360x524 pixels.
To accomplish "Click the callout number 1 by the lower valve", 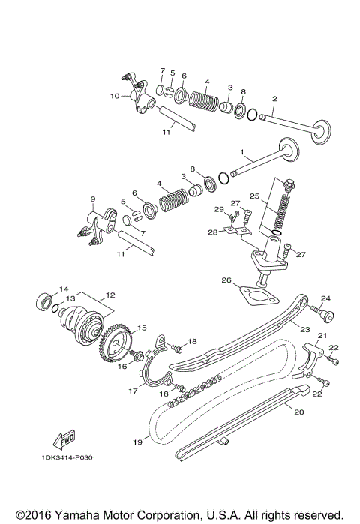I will [x=242, y=152].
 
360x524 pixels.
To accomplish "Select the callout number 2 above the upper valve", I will [x=275, y=98].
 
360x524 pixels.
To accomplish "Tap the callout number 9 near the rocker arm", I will [x=93, y=199].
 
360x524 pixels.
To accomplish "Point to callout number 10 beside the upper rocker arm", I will [x=114, y=96].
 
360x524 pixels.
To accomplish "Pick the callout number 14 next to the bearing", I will [x=64, y=289].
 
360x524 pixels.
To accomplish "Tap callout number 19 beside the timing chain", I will [x=137, y=442].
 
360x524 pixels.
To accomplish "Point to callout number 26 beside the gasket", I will [x=225, y=280].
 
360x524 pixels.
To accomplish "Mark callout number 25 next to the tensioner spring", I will [x=254, y=196].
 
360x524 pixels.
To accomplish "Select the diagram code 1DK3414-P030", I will [x=71, y=457].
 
